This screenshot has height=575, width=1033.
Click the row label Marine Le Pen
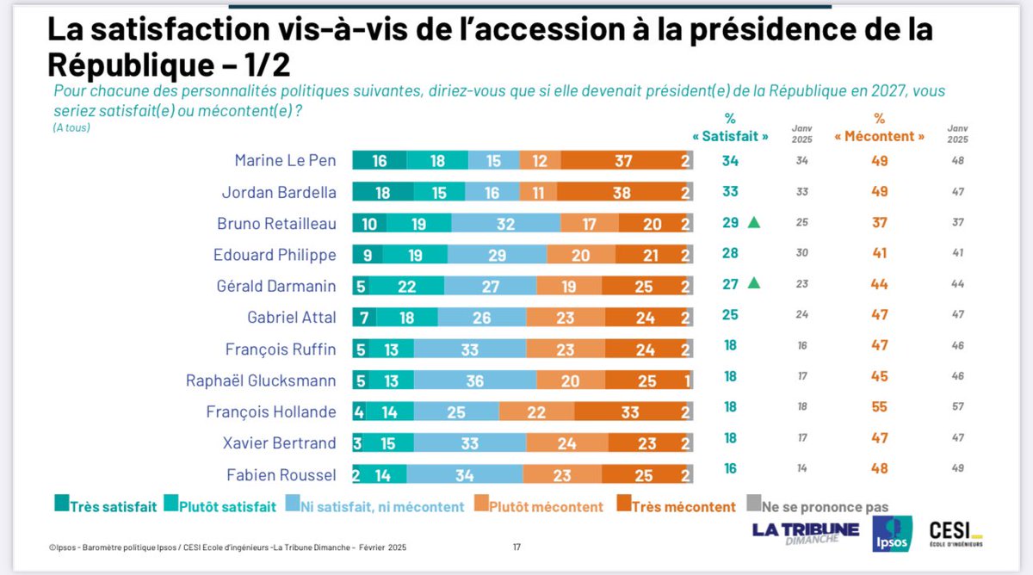tap(285, 160)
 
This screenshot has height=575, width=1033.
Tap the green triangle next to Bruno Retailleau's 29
tap(754, 223)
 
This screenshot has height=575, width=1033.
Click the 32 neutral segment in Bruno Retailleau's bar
tap(505, 223)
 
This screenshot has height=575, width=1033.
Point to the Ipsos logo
tap(892, 534)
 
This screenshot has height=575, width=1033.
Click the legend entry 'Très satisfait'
tap(105, 506)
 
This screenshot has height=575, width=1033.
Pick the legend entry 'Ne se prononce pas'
tap(821, 506)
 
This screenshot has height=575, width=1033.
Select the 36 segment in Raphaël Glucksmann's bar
tap(474, 380)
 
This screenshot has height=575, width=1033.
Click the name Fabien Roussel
tap(281, 474)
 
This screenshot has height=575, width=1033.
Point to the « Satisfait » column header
tap(730, 136)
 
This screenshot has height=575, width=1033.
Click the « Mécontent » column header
tap(880, 136)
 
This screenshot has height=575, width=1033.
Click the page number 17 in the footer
tap(517, 547)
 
